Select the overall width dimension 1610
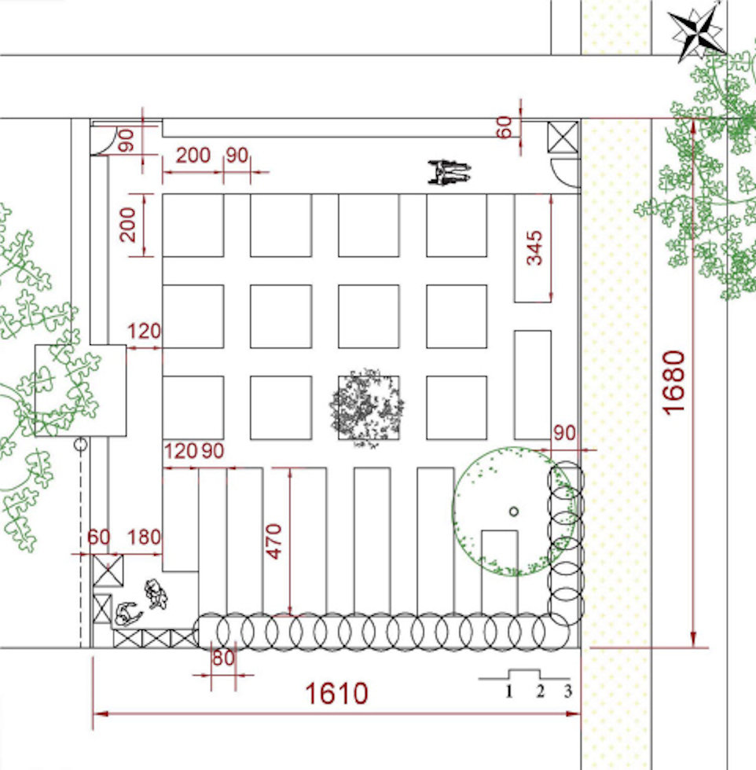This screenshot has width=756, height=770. (x=336, y=694)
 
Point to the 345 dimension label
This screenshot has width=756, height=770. (x=534, y=247)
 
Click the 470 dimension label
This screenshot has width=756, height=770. (x=274, y=541)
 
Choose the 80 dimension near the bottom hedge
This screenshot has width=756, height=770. (x=223, y=658)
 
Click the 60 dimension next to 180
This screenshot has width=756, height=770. (x=99, y=538)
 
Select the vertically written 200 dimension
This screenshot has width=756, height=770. (x=130, y=225)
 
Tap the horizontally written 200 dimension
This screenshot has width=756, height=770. (x=193, y=156)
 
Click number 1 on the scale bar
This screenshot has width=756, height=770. (x=509, y=692)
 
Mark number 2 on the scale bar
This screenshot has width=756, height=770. (x=540, y=692)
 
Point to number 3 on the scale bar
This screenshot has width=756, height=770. (x=567, y=692)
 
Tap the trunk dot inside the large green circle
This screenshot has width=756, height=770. (x=513, y=511)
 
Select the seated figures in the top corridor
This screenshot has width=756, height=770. (x=449, y=172)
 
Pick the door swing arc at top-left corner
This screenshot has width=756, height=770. (x=103, y=141)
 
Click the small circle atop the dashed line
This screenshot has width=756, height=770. (x=80, y=445)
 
